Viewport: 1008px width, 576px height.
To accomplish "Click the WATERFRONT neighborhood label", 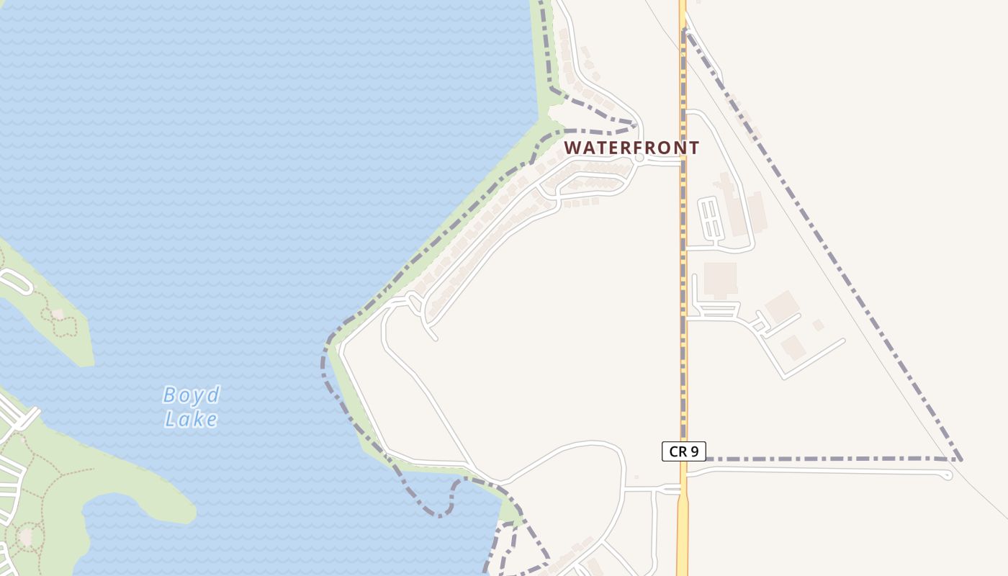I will click(x=631, y=148).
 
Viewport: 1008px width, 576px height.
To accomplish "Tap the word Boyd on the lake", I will click(x=191, y=395).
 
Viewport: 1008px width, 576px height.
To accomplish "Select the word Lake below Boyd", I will click(x=191, y=418).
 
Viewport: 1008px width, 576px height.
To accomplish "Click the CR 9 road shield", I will click(x=683, y=451).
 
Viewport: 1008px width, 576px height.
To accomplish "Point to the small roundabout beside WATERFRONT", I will click(x=639, y=158).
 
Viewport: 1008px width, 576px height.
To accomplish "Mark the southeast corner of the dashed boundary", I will click(x=959, y=459).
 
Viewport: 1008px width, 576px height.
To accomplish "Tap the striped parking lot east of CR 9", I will click(x=711, y=219).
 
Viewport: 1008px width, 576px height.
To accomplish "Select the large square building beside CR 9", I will click(x=720, y=279).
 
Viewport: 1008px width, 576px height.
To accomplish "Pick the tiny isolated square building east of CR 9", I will click(x=818, y=325).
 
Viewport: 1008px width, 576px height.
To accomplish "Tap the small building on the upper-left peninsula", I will click(x=57, y=314).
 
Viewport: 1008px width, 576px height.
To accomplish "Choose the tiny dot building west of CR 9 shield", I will click(x=636, y=477).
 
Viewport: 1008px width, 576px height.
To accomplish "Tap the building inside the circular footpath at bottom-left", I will click(x=27, y=536).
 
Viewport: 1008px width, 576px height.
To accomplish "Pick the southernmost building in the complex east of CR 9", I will click(x=793, y=347).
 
